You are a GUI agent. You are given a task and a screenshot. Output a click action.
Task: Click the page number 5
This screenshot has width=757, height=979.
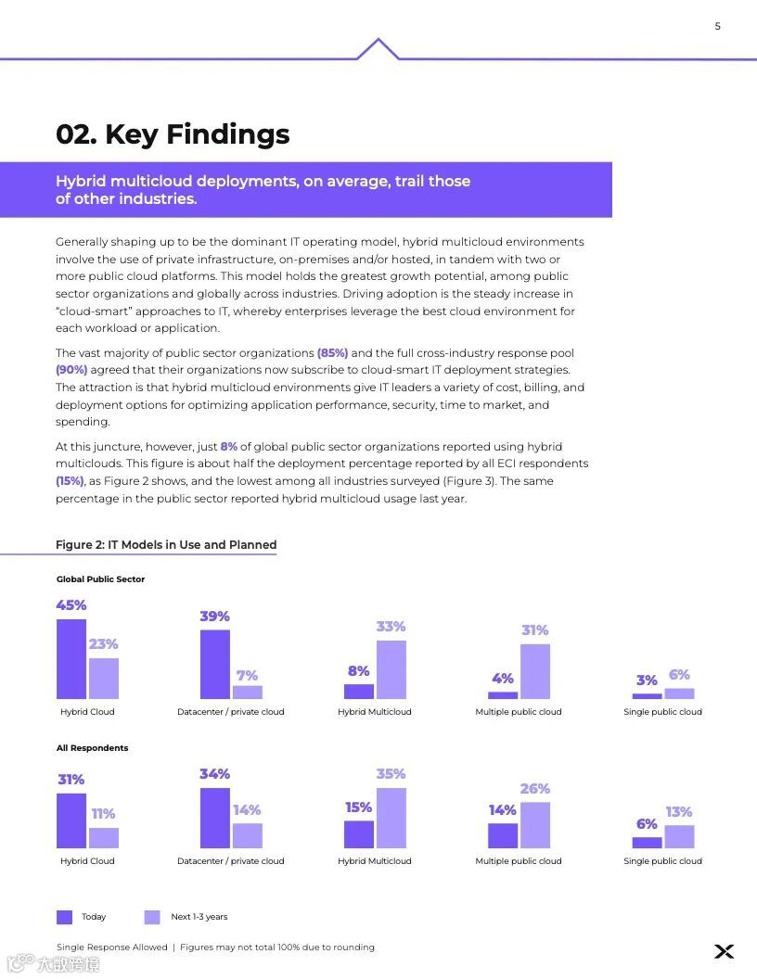(x=717, y=26)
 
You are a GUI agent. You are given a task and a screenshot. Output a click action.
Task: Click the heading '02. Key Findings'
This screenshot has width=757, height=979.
(x=173, y=134)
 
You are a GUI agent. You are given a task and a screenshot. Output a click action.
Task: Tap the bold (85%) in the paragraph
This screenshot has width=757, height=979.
(x=332, y=353)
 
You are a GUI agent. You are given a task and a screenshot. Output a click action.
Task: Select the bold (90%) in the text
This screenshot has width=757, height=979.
(x=71, y=370)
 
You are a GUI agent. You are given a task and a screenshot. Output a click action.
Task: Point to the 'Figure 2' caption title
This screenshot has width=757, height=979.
(x=166, y=544)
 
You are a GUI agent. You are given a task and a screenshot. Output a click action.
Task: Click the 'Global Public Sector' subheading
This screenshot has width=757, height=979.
(x=100, y=579)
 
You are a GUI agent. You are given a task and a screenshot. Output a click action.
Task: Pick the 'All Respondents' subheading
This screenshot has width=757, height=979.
(x=92, y=748)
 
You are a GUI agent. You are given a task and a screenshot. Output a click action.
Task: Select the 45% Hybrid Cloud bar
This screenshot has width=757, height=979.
(x=71, y=658)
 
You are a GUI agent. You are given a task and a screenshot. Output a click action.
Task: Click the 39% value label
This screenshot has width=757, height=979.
(x=214, y=617)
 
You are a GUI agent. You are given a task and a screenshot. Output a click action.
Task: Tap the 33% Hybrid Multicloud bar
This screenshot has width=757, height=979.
(x=391, y=669)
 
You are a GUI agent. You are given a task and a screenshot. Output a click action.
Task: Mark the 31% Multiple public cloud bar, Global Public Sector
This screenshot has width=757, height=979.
(x=534, y=671)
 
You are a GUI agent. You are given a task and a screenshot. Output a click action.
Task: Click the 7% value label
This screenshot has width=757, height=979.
(x=247, y=676)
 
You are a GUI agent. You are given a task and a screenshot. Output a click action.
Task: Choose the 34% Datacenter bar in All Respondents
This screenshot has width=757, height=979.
(x=215, y=818)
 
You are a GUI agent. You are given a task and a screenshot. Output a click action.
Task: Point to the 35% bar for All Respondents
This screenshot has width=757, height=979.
(x=391, y=818)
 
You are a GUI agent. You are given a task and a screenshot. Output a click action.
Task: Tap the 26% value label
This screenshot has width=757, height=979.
(x=534, y=789)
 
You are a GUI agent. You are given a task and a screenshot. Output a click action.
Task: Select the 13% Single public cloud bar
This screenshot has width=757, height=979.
(x=679, y=836)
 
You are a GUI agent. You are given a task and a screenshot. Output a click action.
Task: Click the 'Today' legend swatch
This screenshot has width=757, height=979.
(x=64, y=917)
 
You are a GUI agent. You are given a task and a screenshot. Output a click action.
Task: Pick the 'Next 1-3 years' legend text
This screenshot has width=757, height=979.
(x=199, y=917)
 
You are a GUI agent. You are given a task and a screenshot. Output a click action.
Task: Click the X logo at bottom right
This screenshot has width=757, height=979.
(x=725, y=951)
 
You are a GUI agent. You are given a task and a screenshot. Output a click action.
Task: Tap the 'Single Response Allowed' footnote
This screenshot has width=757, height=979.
(x=112, y=947)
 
